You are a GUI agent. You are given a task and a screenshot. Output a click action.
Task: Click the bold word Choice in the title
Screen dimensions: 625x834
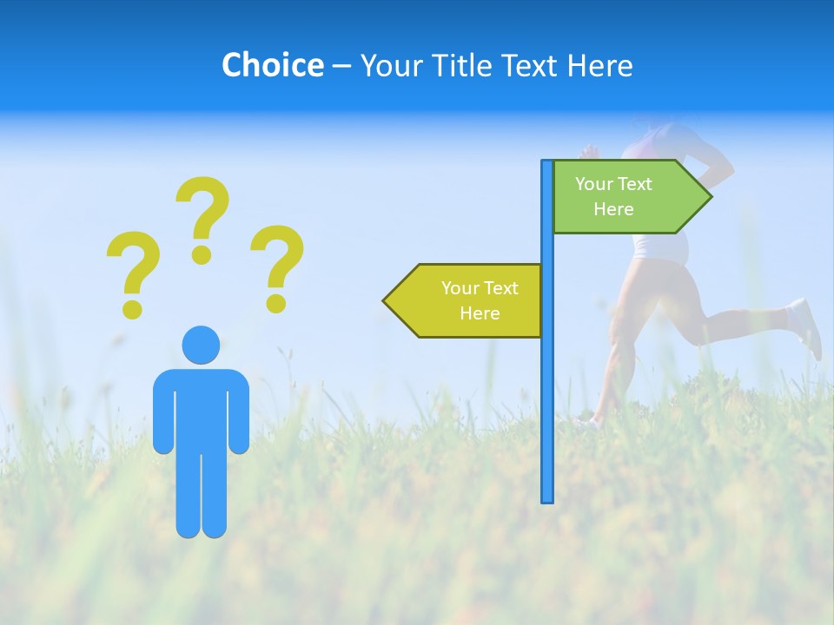coord(272,65)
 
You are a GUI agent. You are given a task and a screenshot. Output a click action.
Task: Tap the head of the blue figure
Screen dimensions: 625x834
coord(201,345)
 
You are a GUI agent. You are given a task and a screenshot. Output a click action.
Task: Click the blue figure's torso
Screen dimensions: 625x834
coord(201,408)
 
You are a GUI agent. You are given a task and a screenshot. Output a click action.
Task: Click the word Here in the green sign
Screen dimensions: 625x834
coord(613,209)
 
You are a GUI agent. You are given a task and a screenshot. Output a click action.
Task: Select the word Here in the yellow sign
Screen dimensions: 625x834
coord(480,313)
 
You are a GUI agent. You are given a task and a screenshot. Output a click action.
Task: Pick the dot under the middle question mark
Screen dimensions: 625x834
coord(202,254)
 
